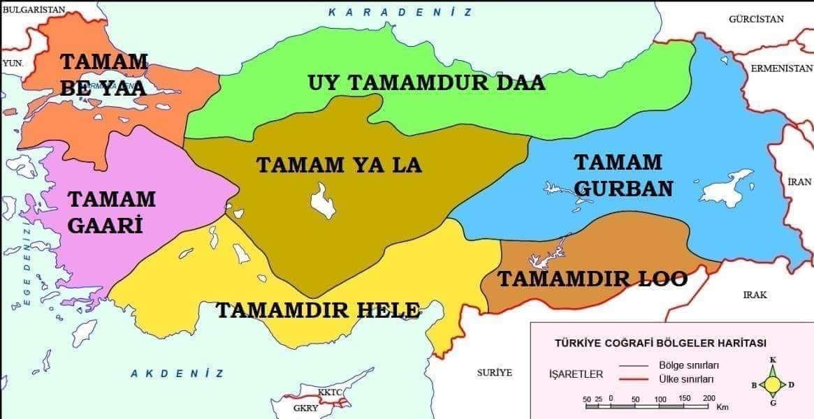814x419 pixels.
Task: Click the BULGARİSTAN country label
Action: (x=34, y=10)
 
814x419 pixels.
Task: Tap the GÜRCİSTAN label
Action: (x=756, y=19)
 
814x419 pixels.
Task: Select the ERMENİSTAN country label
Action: (x=782, y=68)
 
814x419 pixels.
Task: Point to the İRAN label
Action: (x=799, y=182)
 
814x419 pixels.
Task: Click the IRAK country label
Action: (x=755, y=295)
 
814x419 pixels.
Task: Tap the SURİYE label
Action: (x=495, y=372)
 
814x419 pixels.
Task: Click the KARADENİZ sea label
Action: (x=400, y=12)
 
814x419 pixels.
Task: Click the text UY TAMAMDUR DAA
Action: (x=426, y=83)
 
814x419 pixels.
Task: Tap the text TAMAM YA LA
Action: (x=340, y=166)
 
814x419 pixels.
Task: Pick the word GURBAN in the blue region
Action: (x=624, y=189)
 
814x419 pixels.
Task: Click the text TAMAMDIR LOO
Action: (x=592, y=279)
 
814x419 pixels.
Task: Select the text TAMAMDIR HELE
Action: (x=318, y=310)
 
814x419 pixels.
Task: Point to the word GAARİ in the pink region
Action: (x=105, y=225)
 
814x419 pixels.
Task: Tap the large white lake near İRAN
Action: (x=727, y=189)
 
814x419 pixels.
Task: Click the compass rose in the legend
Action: (x=773, y=383)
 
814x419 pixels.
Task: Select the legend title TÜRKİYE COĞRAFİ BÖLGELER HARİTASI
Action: (x=660, y=343)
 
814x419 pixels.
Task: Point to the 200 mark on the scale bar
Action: (x=708, y=398)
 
